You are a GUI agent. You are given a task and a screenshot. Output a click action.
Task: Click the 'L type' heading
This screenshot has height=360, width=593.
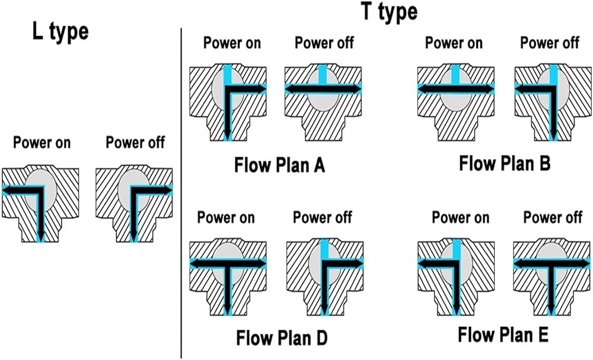[x=60, y=32]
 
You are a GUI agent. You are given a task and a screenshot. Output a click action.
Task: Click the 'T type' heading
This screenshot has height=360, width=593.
[x=390, y=11]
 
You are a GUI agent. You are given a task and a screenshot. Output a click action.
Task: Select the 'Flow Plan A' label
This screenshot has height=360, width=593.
[x=279, y=165]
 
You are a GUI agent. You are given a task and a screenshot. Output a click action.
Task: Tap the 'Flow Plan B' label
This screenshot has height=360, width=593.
[x=505, y=164]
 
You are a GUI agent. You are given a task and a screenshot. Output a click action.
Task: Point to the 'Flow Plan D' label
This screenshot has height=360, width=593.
[x=282, y=337]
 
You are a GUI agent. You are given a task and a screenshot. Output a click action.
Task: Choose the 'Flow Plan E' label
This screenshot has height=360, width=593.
[x=503, y=334]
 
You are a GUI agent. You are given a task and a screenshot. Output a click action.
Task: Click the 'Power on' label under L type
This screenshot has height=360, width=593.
[x=42, y=142]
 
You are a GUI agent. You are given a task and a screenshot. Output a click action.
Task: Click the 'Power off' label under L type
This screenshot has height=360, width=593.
[x=135, y=142]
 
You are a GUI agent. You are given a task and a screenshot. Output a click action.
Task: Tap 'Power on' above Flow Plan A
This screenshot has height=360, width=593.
[x=232, y=43]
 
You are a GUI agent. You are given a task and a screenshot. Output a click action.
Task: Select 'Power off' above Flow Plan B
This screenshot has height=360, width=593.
[x=550, y=43]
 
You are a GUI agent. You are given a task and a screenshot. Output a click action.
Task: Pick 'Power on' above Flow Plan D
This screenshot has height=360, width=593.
[x=226, y=218]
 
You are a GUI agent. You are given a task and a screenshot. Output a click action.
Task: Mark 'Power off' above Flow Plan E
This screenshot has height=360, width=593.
[x=553, y=218]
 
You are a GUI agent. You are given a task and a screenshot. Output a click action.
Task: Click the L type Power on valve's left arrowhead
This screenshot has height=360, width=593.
[x=6, y=190]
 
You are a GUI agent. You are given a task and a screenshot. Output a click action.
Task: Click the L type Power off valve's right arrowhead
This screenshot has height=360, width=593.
[x=168, y=190]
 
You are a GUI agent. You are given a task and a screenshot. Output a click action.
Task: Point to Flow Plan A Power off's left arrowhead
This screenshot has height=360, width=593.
[x=289, y=89]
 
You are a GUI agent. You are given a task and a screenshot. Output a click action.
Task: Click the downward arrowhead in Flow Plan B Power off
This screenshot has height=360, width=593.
[x=554, y=135]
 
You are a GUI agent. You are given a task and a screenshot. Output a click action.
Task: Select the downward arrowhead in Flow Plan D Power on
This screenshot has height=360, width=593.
[x=227, y=310]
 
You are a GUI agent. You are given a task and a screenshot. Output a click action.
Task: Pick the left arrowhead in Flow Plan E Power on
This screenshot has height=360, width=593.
[x=422, y=264]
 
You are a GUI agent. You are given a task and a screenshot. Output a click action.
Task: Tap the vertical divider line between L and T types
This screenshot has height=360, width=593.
[x=181, y=193]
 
